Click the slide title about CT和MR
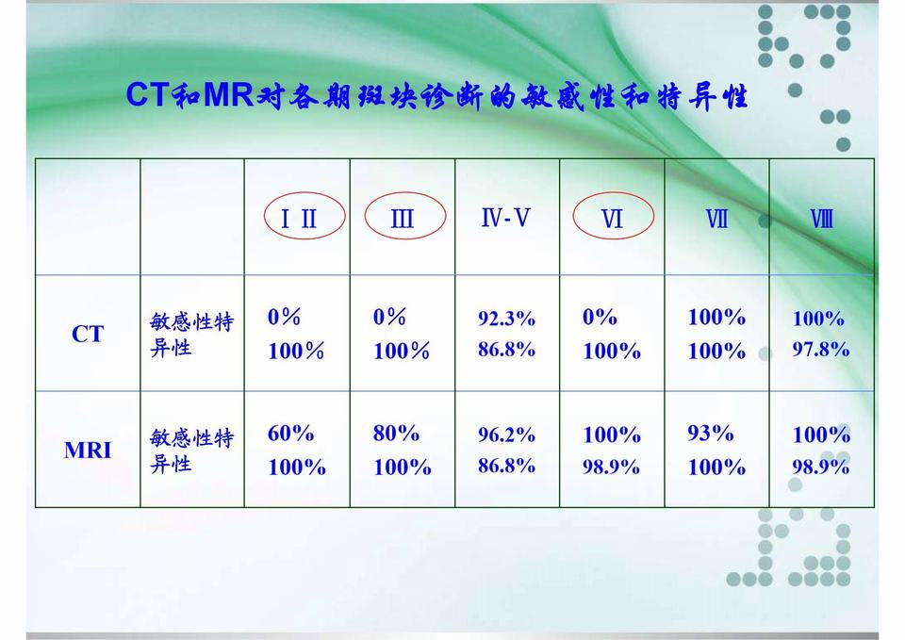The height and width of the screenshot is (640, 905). point(436,95)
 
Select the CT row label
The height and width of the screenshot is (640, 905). point(88,334)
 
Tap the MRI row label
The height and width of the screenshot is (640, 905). point(88,451)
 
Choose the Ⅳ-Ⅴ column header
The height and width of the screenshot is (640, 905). point(505,218)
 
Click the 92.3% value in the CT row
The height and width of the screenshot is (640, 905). point(506,318)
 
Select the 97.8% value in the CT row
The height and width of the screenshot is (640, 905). point(821,349)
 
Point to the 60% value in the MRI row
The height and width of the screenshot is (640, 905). point(290,433)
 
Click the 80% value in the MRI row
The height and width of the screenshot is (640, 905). point(396,433)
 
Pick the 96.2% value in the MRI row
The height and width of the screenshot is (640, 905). point(506,435)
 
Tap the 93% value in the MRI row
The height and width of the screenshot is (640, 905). point(711,433)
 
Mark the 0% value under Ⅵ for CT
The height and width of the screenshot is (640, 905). point(600,317)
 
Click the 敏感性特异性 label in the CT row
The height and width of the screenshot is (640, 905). point(191,335)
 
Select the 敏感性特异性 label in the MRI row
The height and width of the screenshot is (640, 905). point(191,451)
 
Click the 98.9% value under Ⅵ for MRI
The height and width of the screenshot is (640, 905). point(611,467)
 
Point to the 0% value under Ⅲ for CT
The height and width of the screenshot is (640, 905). point(389,317)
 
